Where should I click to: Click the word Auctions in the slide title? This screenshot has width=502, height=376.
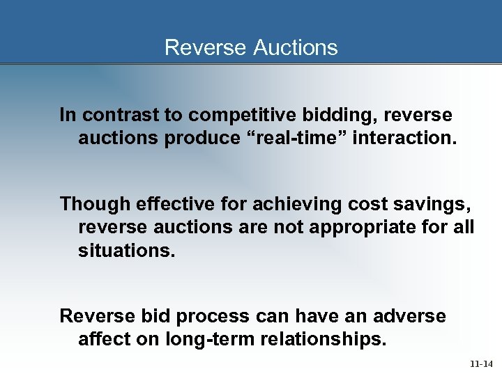(296, 47)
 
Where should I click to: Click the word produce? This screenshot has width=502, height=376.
(203, 138)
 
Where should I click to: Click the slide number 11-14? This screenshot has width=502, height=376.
(480, 363)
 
